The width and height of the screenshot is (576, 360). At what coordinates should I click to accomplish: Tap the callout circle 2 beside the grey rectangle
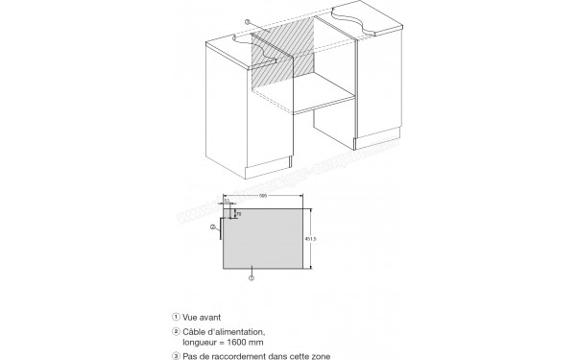click(213, 227)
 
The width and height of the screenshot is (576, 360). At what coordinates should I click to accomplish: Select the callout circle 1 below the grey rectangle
click(252, 277)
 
